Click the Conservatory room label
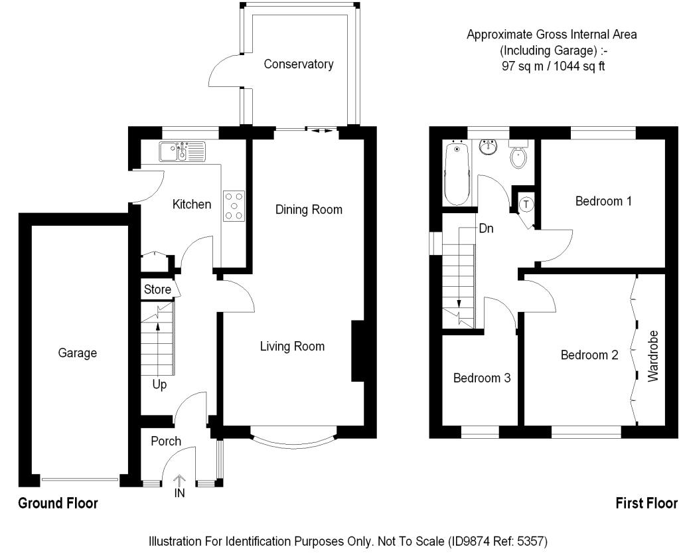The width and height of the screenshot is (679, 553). pyautogui.click(x=299, y=64)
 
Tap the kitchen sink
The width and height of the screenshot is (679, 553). pyautogui.click(x=183, y=151)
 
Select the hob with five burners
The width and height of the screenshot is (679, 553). pyautogui.click(x=234, y=206)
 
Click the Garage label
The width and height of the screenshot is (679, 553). pyautogui.click(x=78, y=353)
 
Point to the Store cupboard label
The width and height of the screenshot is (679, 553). pyautogui.click(x=157, y=289)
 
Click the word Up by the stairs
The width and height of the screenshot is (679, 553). pyautogui.click(x=159, y=384)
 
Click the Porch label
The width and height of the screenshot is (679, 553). pyautogui.click(x=166, y=441)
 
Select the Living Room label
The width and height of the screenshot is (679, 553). pyautogui.click(x=292, y=347)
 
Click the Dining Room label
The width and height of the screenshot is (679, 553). pyautogui.click(x=309, y=210)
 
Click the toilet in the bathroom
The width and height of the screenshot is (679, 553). pyautogui.click(x=518, y=155)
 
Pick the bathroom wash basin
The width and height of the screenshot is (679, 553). pyautogui.click(x=489, y=147)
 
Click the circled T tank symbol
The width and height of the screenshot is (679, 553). pyautogui.click(x=526, y=204)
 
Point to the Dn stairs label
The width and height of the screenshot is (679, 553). pyautogui.click(x=487, y=228)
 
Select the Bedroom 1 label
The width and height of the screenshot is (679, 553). pyautogui.click(x=603, y=201)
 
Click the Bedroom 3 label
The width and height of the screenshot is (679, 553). pyautogui.click(x=482, y=378)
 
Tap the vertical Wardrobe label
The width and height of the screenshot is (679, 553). pyautogui.click(x=653, y=356)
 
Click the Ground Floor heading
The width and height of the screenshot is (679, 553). pyautogui.click(x=58, y=503)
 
